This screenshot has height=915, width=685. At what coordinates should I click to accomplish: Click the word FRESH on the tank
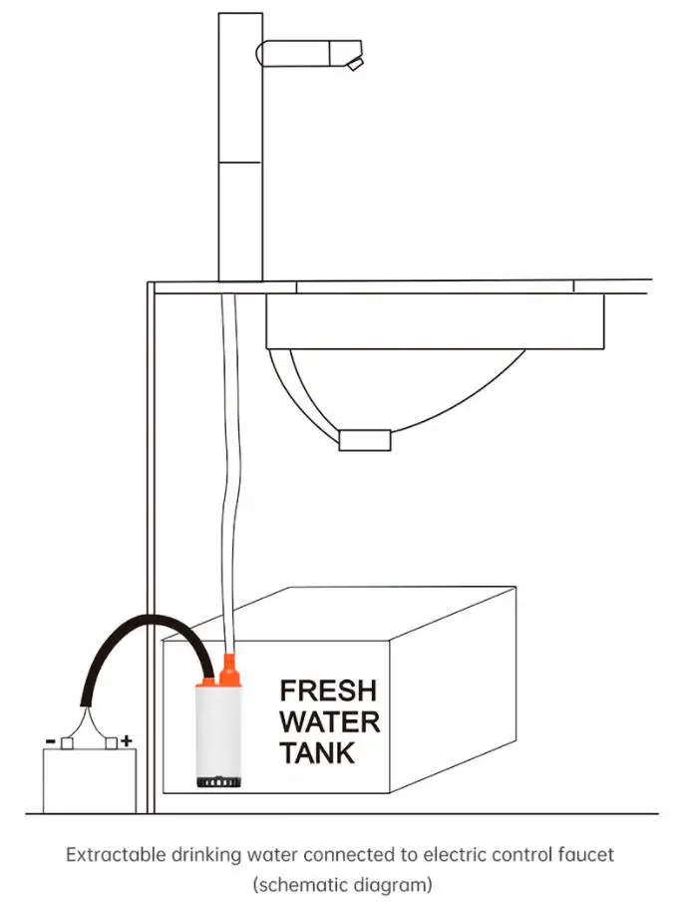tap(328, 690)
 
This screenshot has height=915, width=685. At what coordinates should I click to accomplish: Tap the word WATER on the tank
tap(329, 721)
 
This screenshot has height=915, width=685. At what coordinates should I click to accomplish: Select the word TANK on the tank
tap(317, 752)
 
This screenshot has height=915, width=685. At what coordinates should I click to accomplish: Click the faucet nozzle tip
tap(355, 65)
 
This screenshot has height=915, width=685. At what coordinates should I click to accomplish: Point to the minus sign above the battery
tap(51, 741)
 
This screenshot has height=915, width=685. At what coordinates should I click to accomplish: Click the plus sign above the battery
tap(126, 741)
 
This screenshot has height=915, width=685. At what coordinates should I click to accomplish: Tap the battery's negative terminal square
tap(67, 743)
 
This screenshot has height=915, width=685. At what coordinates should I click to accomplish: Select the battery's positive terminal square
tap(111, 743)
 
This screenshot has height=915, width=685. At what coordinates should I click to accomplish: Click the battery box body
tap(90, 780)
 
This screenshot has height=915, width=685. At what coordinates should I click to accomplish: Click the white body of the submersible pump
tap(218, 729)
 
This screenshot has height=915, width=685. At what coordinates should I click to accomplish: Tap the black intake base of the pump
tap(218, 781)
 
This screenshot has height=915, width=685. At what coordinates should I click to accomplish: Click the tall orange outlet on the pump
tap(228, 670)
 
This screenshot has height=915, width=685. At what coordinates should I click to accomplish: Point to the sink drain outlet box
tap(365, 440)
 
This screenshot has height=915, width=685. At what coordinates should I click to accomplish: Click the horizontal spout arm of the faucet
tap(310, 53)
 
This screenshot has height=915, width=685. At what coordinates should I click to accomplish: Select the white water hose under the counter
tap(228, 473)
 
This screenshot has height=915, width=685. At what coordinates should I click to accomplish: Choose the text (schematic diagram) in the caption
tap(343, 885)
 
